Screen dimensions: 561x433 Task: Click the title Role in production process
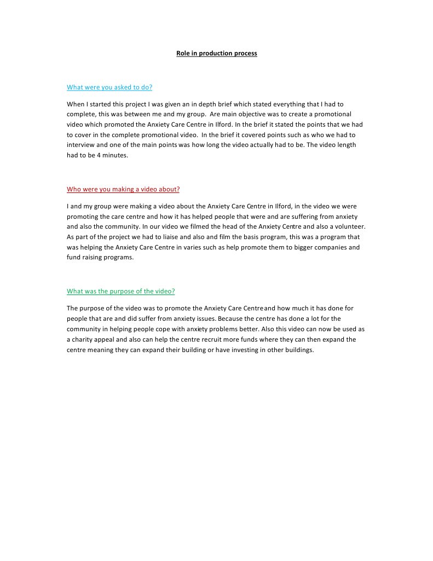216,53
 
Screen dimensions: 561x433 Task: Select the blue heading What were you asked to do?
109,87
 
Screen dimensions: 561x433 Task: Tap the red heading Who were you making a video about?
123,189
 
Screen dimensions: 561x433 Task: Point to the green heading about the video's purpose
121,291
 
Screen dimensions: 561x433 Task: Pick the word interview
81,145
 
